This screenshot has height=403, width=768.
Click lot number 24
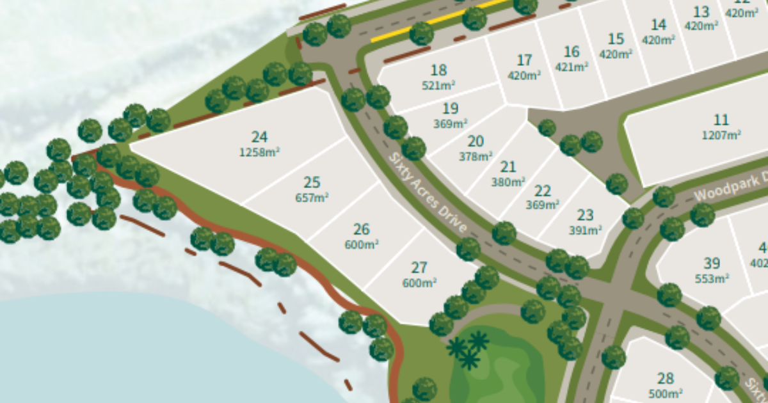click(x=259, y=137)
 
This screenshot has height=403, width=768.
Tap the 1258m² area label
click(x=259, y=152)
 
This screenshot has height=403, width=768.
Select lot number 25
click(x=312, y=183)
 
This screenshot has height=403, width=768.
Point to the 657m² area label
click(x=312, y=198)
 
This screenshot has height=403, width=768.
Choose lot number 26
click(x=362, y=229)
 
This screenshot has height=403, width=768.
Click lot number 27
click(x=419, y=267)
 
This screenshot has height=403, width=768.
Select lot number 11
click(x=721, y=120)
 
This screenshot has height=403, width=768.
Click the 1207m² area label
click(x=721, y=135)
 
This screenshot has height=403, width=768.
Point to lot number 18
click(x=438, y=70)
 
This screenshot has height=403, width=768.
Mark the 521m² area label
click(x=438, y=84)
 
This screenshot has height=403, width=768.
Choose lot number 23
click(x=585, y=215)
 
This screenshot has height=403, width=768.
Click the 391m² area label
click(x=585, y=230)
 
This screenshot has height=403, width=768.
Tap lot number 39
click(x=712, y=264)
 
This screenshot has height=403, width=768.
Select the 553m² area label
click(x=712, y=279)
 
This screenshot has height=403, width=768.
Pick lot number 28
click(x=666, y=378)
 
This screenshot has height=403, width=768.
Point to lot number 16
click(x=572, y=52)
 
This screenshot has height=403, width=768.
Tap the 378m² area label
click(x=476, y=156)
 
